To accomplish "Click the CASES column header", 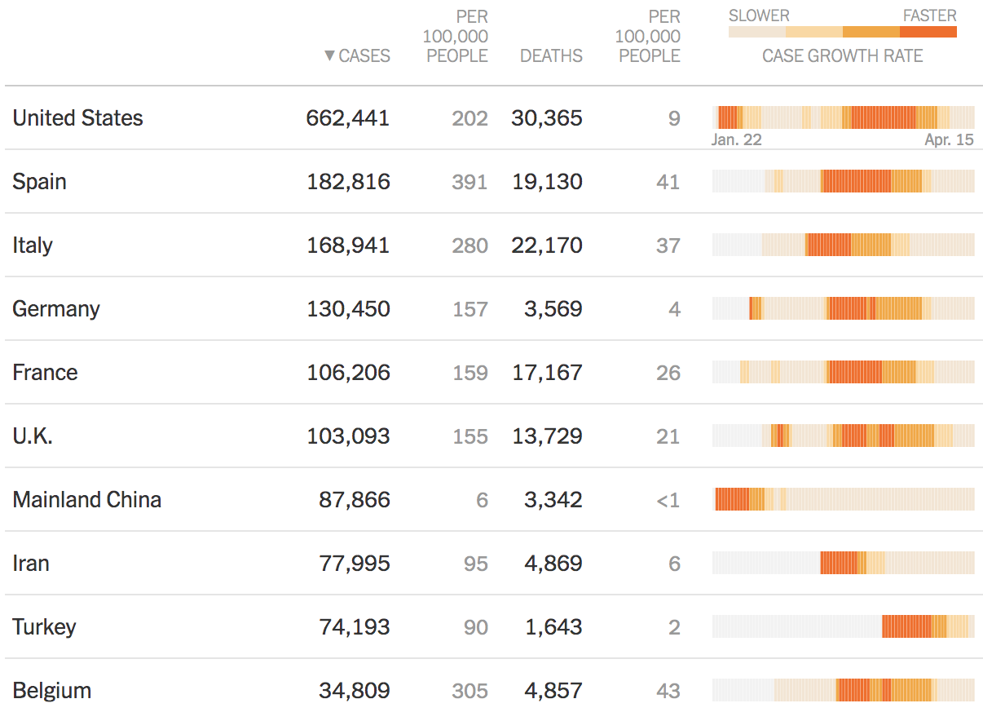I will pyautogui.click(x=364, y=56).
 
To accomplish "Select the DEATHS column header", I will pyautogui.click(x=551, y=56).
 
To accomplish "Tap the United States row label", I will pyautogui.click(x=77, y=118).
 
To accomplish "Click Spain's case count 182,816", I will pyautogui.click(x=348, y=182).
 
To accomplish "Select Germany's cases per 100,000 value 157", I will pyautogui.click(x=469, y=309).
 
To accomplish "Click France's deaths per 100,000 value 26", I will pyautogui.click(x=668, y=373).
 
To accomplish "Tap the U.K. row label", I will pyautogui.click(x=33, y=436).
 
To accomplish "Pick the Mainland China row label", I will pyautogui.click(x=86, y=500).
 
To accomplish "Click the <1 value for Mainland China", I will pyautogui.click(x=668, y=500).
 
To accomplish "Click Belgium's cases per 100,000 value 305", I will pyautogui.click(x=469, y=691).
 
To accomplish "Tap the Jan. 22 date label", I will pyautogui.click(x=736, y=139).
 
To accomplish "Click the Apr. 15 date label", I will pyautogui.click(x=949, y=139).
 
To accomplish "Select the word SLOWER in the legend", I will pyautogui.click(x=759, y=15).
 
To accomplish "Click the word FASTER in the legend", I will pyautogui.click(x=929, y=15).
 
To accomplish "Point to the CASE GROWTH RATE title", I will pyautogui.click(x=842, y=56).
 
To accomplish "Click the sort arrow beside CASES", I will pyautogui.click(x=329, y=56).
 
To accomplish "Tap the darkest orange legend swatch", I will pyautogui.click(x=928, y=32).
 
